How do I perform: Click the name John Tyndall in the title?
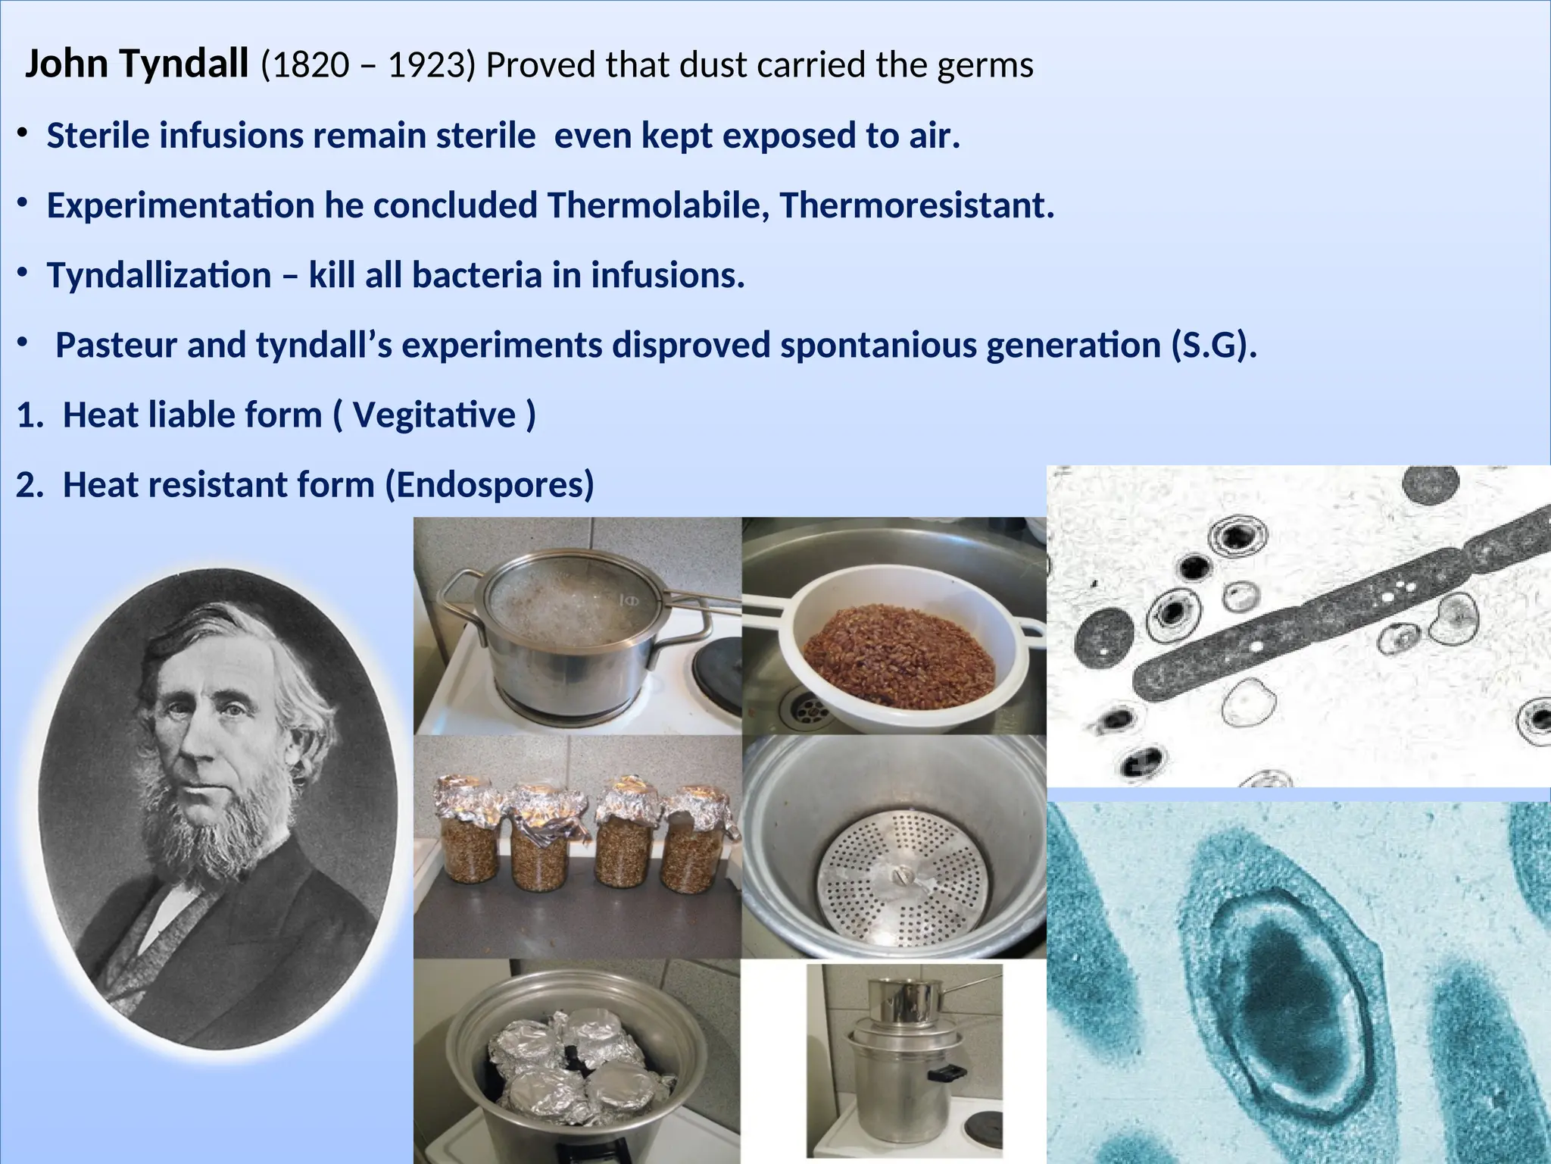[x=136, y=64]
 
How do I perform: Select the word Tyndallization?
[x=159, y=275]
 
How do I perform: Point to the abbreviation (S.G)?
[x=1213, y=346]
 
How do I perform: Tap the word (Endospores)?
[x=490, y=485]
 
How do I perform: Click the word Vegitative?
[x=434, y=415]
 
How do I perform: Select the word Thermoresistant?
[x=916, y=205]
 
